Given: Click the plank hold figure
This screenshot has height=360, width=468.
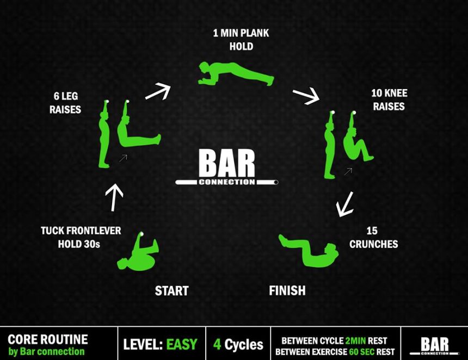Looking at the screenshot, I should click(x=235, y=75).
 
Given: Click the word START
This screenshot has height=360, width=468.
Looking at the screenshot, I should click(x=171, y=291).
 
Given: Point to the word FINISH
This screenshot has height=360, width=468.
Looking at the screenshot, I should click(x=287, y=291).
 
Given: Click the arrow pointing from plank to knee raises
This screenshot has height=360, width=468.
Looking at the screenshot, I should click(x=306, y=96).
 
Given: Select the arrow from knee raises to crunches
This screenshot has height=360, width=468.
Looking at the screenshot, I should click(x=345, y=204).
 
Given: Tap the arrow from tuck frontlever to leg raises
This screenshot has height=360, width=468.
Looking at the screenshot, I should click(x=114, y=197).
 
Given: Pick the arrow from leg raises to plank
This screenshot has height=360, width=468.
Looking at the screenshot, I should click(x=158, y=91).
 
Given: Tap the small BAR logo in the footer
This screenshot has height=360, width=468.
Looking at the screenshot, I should click(x=435, y=345).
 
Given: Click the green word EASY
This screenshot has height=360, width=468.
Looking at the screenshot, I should click(x=182, y=344).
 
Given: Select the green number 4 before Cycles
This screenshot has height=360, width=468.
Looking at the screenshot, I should click(x=217, y=344).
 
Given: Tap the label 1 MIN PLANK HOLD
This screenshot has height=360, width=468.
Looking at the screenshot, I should click(x=241, y=40).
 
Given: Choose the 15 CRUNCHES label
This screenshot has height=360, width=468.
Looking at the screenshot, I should click(x=373, y=238).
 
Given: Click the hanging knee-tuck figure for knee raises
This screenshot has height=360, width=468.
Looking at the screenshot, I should click(x=357, y=144).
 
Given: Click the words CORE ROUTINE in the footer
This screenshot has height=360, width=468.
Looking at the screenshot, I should click(x=48, y=339).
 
